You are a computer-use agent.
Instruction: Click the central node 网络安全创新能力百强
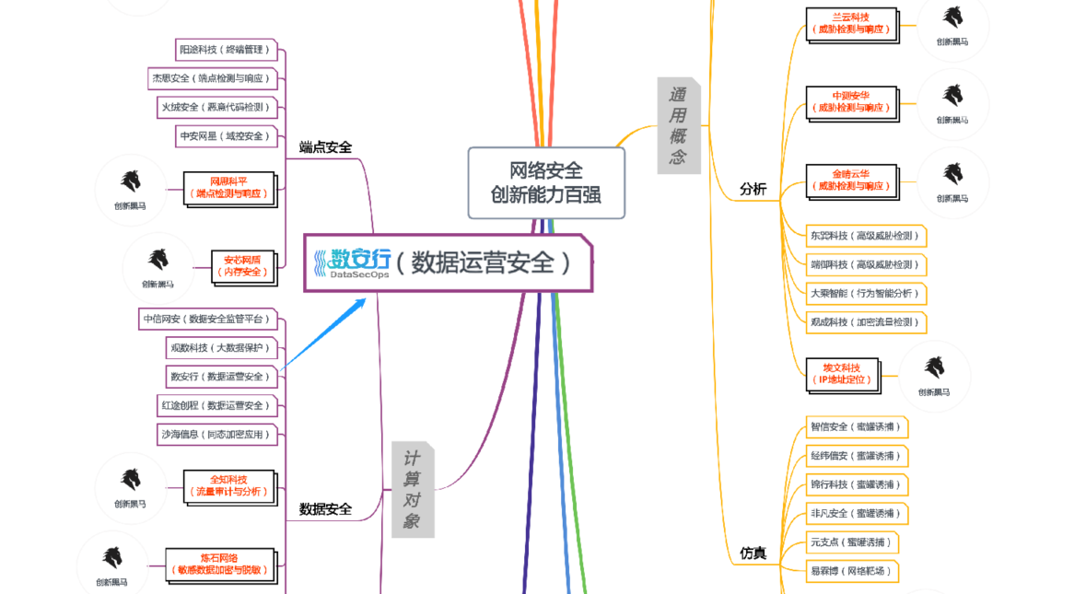point(546,182)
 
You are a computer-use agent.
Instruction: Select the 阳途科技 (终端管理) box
point(226,50)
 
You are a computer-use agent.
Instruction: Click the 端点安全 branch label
point(325,147)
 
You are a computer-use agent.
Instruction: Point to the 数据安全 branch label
point(325,508)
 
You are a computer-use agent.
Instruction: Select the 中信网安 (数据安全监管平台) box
point(208,319)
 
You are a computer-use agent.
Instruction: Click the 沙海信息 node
point(217,434)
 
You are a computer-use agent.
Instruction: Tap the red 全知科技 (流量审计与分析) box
point(229,485)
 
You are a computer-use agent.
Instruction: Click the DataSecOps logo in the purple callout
point(350,262)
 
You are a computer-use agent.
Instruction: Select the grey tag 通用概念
point(678,125)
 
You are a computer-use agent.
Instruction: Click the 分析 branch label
point(753,189)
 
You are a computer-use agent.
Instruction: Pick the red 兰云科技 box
point(850,23)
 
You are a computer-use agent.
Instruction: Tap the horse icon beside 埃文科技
point(933,367)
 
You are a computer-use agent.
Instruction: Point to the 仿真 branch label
point(753,553)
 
